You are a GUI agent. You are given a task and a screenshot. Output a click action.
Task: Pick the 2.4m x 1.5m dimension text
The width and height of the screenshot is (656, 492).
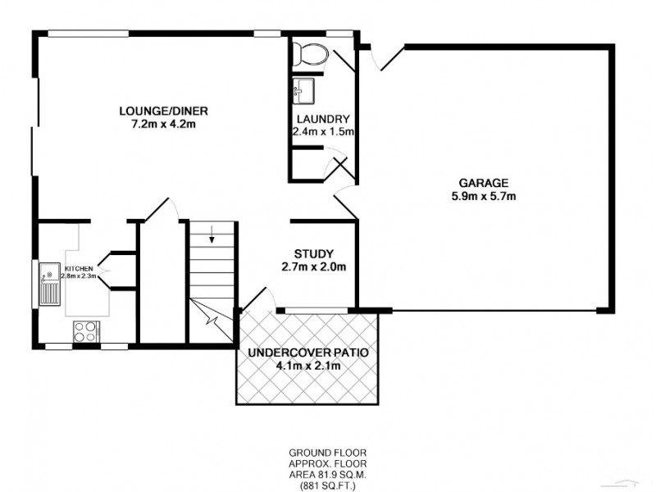point(324,131)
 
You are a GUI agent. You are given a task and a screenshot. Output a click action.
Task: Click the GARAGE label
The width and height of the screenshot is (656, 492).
point(483,183)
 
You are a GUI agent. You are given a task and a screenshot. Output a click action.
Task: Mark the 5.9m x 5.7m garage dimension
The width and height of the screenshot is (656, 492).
point(483,196)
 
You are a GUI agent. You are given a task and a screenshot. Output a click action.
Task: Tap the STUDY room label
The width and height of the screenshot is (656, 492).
point(314,253)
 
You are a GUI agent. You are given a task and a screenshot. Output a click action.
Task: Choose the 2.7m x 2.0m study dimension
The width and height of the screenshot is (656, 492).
point(314,266)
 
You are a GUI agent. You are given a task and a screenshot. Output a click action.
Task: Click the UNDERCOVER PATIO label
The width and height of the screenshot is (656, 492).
point(308,353)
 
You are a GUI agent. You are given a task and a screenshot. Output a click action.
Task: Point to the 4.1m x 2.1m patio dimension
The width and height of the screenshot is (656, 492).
point(308,366)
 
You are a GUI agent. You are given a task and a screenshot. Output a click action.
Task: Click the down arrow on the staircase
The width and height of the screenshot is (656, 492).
point(212,239)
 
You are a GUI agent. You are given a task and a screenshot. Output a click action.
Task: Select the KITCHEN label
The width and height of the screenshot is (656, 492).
point(79,269)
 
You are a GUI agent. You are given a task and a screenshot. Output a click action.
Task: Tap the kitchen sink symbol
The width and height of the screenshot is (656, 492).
point(49,284)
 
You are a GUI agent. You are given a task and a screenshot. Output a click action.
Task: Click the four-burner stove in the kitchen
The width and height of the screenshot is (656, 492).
point(85,330)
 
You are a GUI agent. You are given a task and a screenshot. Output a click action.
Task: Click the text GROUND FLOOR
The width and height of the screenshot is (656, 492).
point(327,453)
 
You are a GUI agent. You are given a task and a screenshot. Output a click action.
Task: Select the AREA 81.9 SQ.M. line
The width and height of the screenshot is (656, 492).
point(327,473)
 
